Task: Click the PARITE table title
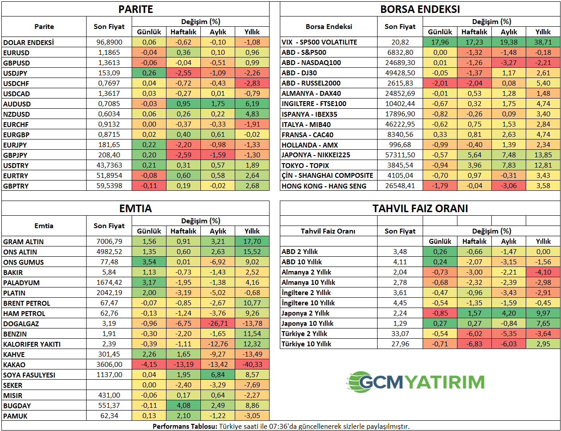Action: pos(135,9)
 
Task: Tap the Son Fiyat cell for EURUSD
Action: pos(109,53)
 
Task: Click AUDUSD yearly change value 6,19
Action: pos(252,104)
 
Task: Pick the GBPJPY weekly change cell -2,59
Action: pos(183,155)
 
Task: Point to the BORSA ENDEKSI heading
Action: pos(420,9)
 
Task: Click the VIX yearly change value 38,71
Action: pos(543,42)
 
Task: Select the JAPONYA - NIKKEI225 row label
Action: pos(316,155)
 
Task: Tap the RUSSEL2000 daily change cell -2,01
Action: pos(440,83)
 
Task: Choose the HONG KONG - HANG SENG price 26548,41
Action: pos(400,186)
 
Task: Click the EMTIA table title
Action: pos(135,209)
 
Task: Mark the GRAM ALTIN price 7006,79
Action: pos(109,242)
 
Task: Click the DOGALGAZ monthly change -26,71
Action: pos(218,324)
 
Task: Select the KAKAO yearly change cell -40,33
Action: pos(252,365)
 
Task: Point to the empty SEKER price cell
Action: pos(109,385)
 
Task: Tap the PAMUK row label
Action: pos(15,416)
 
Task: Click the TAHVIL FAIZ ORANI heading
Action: pos(420,209)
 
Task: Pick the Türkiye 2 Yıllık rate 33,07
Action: pos(400,334)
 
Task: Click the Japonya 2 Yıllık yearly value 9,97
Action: pos(543,313)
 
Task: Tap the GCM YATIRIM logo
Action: pos(416,382)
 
